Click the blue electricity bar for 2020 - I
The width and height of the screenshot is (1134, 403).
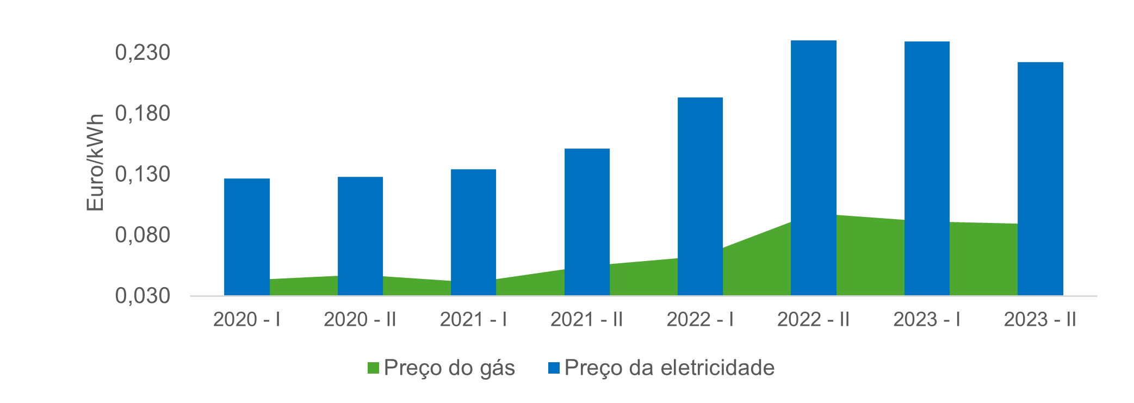pos(246,237)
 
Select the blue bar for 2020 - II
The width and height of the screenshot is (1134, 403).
pos(360,236)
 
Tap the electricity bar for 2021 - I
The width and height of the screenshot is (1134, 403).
pos(473,232)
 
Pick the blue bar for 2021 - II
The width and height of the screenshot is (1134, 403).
pos(587,222)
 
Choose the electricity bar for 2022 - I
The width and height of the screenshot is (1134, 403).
pos(700,196)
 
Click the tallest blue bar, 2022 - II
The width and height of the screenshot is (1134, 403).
pos(813,168)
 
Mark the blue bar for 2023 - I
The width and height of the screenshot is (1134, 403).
pos(927,169)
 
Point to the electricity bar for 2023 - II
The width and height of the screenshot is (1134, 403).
pos(1040,179)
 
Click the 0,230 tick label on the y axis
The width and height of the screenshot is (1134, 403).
pos(142,53)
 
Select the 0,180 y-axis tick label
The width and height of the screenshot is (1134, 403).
pos(142,114)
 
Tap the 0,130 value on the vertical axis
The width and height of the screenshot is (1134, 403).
pos(142,175)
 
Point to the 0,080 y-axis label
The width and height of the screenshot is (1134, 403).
pos(142,235)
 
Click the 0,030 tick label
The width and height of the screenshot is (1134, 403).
pos(142,296)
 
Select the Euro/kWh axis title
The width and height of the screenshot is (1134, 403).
pos(95,163)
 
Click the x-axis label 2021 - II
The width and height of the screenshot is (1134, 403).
pos(586,319)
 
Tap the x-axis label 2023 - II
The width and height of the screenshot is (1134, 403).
pos(1039,319)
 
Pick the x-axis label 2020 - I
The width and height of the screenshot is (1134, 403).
pos(246,319)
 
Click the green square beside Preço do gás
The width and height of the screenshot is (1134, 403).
pos(373,368)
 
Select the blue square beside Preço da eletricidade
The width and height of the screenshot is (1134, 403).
pos(554,368)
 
